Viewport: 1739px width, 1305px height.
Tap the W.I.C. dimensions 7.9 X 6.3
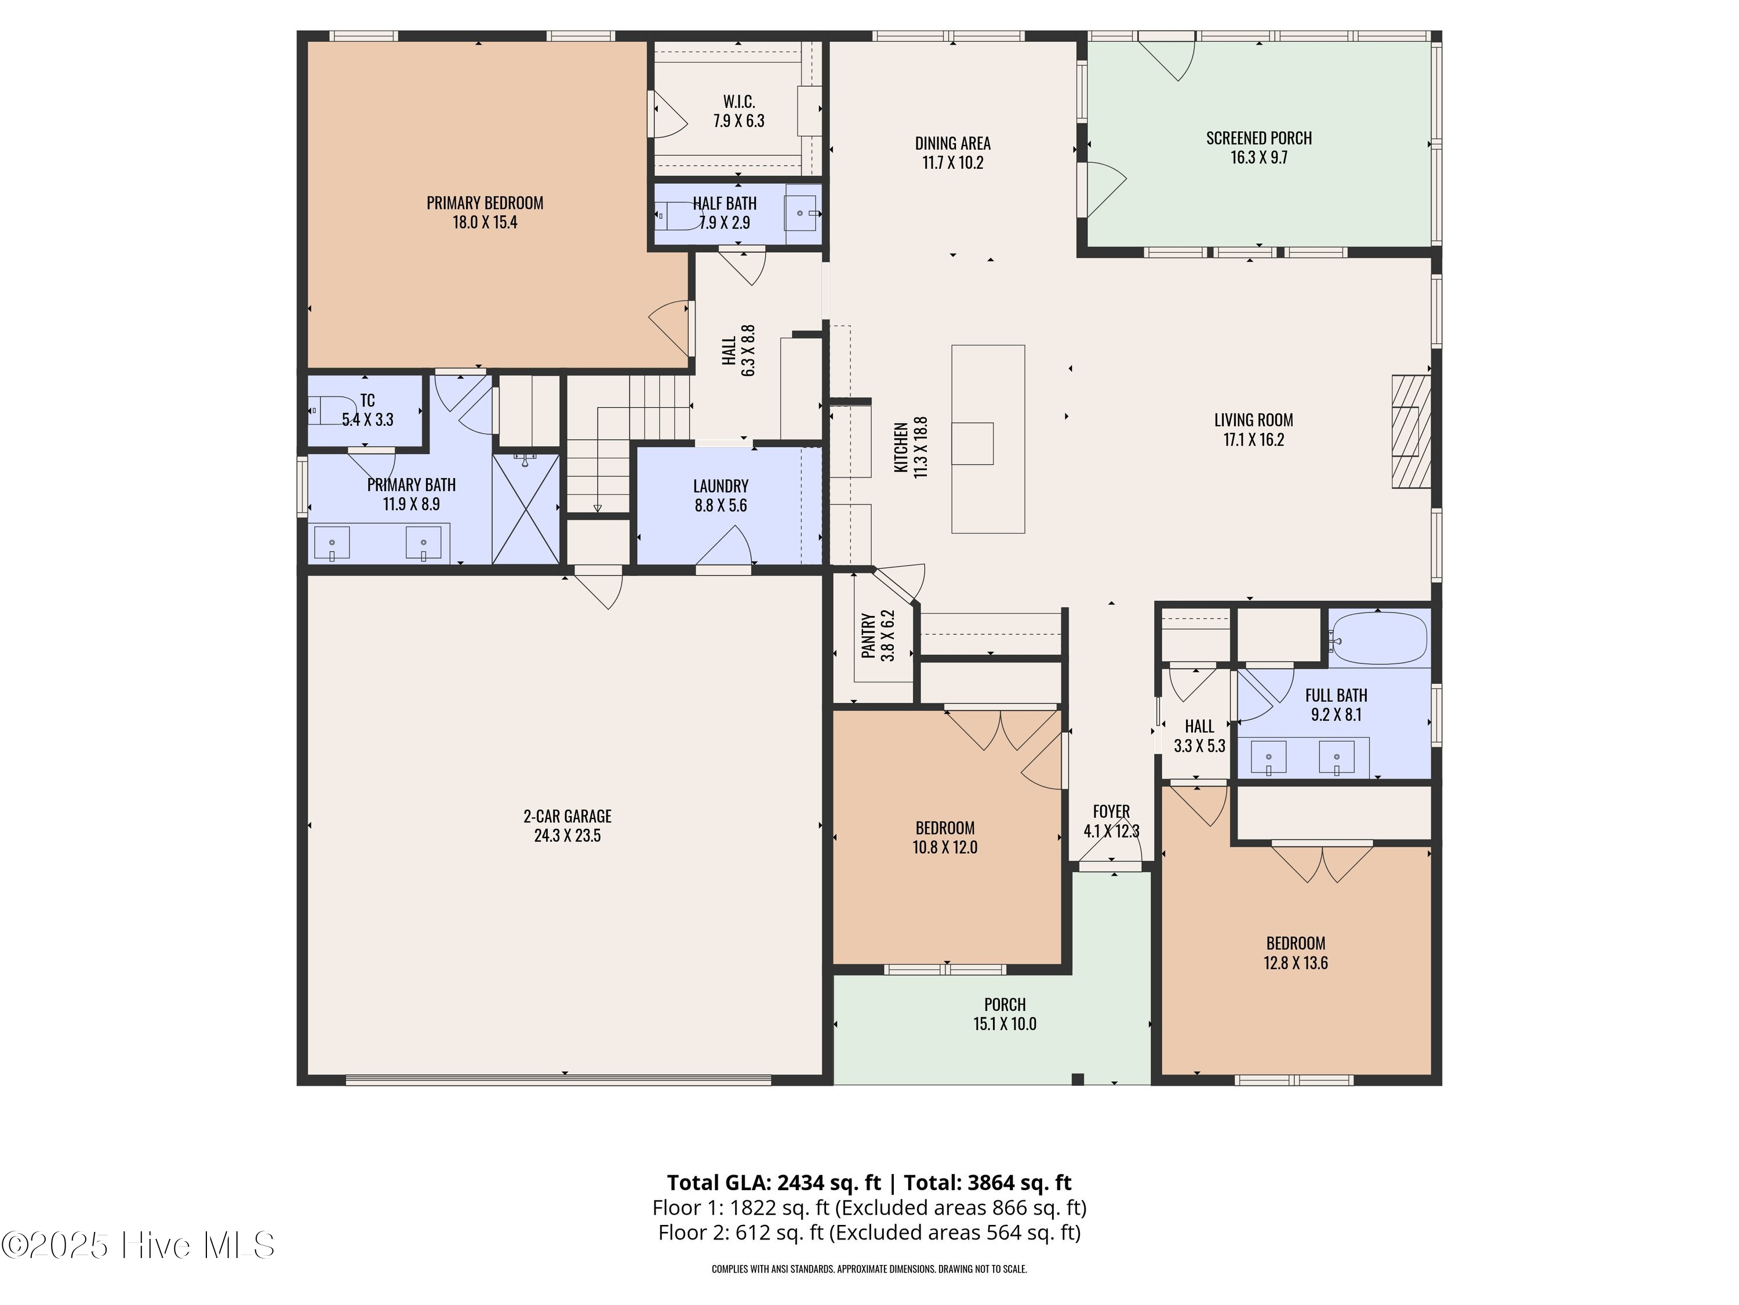click(x=738, y=121)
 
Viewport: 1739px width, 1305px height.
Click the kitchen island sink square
click(x=973, y=444)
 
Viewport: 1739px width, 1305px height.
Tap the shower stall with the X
click(x=525, y=508)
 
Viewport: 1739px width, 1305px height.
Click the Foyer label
click(x=1111, y=811)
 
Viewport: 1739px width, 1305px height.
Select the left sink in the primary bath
click(x=332, y=543)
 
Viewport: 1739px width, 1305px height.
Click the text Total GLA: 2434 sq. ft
click(x=774, y=1182)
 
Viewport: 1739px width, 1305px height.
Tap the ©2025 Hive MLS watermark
click(x=139, y=1245)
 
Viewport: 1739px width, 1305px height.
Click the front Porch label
click(x=1004, y=1005)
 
